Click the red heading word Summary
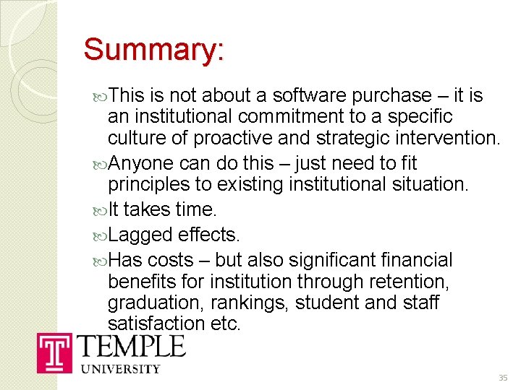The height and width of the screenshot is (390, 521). [x=153, y=50]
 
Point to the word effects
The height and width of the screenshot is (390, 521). [x=208, y=235]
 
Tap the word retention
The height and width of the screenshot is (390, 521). [x=409, y=281]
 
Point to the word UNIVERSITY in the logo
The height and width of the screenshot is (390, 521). [x=119, y=369]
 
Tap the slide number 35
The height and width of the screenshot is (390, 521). [x=504, y=378]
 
